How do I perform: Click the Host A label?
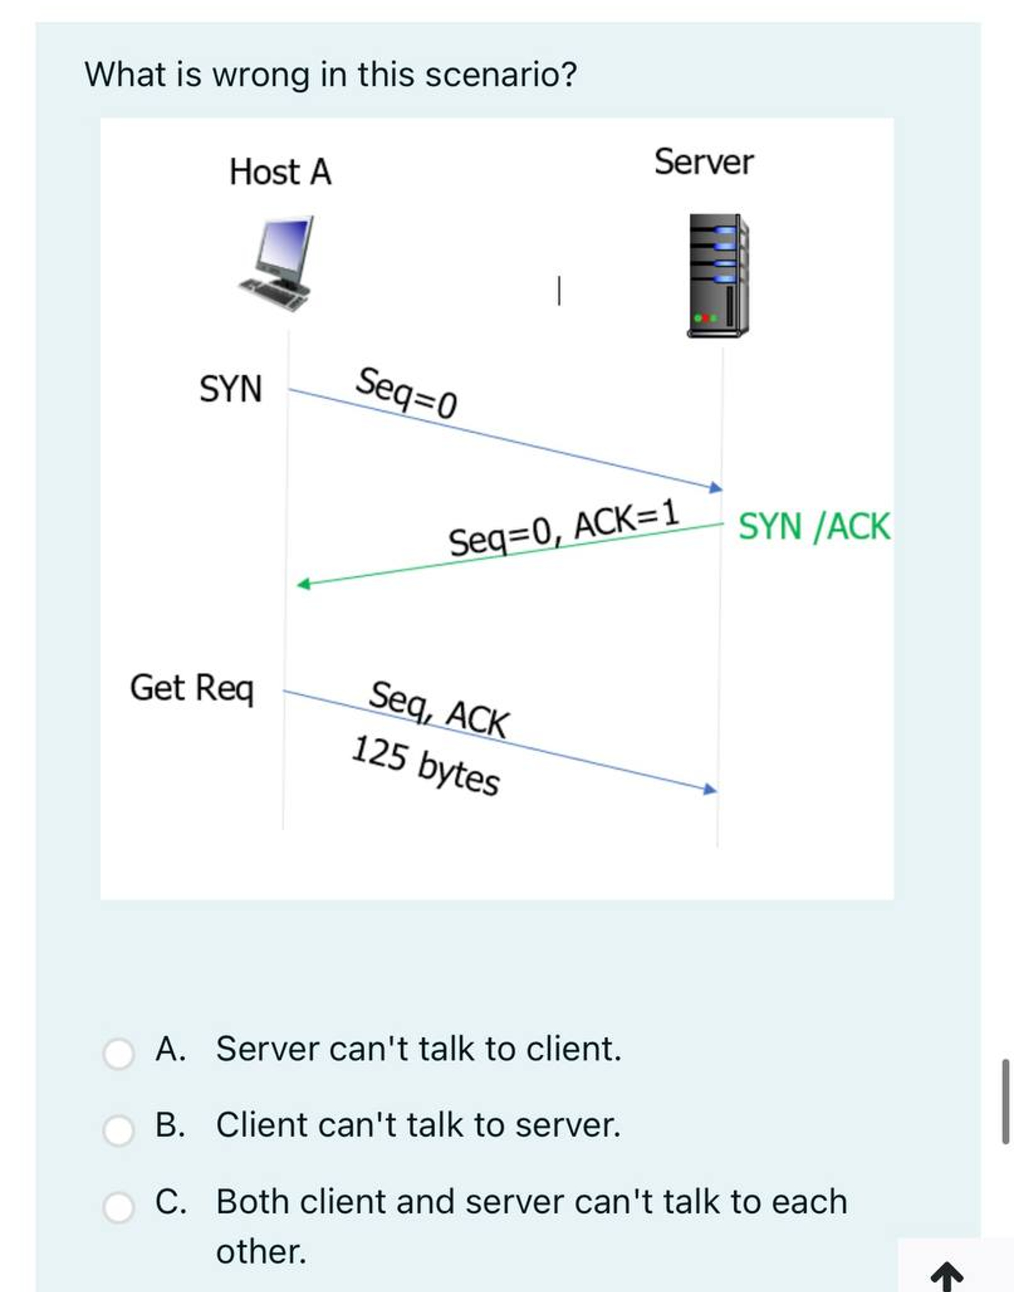[280, 172]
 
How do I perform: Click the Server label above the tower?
[703, 162]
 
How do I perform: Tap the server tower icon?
[718, 275]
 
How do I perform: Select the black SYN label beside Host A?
[230, 389]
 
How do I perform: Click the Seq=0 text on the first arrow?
[407, 393]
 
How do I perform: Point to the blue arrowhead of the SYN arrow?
[716, 487]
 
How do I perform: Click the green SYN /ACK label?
[814, 527]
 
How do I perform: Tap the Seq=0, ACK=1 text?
[564, 528]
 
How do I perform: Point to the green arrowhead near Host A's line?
[303, 584]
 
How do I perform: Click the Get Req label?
[192, 688]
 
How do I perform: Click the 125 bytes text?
[425, 766]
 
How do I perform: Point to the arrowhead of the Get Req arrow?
[710, 789]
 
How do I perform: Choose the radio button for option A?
[119, 1053]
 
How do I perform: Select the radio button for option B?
[119, 1130]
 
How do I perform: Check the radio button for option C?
[119, 1207]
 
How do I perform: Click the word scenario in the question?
[501, 75]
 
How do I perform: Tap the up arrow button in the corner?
[946, 1276]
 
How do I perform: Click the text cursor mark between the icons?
[559, 291]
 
